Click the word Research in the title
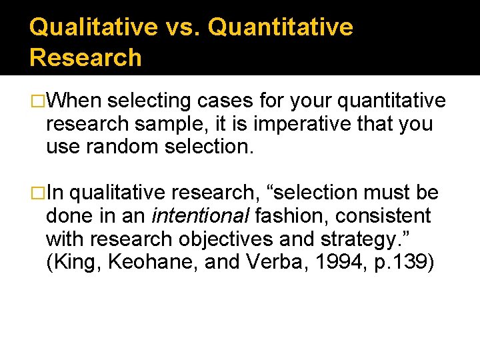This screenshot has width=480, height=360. (x=85, y=57)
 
